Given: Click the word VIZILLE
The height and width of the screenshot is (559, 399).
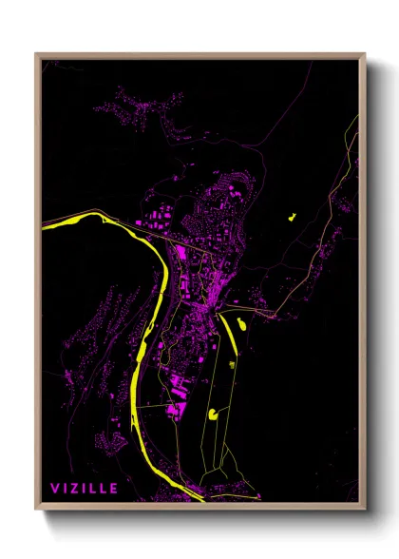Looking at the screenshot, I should [85, 489].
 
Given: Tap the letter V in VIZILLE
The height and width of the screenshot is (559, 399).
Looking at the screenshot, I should [55, 489].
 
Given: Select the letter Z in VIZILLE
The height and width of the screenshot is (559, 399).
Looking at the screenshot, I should [75, 489].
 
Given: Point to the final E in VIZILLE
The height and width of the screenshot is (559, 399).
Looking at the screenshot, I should [114, 489].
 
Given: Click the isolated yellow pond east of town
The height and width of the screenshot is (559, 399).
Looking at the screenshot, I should [290, 218].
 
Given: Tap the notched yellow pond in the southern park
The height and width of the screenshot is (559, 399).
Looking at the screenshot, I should [215, 414].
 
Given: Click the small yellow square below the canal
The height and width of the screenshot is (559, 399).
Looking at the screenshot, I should [231, 363].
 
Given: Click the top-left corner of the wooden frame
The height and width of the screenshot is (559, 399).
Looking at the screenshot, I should [37, 55].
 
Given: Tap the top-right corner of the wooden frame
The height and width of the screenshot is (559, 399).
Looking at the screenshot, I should [364, 55].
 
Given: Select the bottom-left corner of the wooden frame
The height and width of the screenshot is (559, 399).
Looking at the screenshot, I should [37, 510].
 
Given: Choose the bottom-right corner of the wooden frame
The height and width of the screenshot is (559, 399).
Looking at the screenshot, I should [364, 510].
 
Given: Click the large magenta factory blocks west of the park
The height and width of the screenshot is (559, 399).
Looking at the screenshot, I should [175, 408].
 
